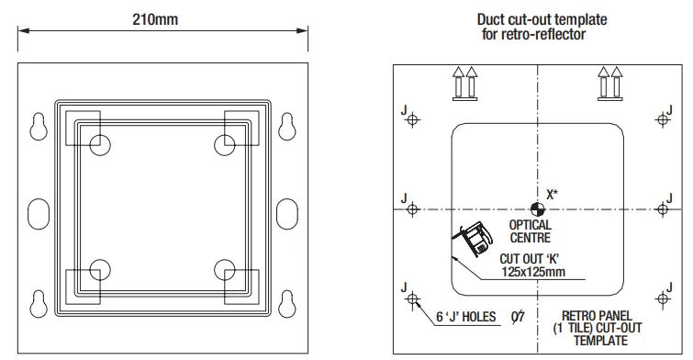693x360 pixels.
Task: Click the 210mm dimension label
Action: (x=155, y=19)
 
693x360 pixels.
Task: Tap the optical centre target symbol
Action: (x=538, y=209)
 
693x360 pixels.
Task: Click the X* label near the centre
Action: (x=552, y=195)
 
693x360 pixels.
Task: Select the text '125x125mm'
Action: (x=533, y=272)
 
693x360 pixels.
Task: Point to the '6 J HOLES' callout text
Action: (x=466, y=317)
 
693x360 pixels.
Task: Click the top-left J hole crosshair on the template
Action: (x=412, y=119)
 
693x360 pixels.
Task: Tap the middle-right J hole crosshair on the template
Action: (x=662, y=209)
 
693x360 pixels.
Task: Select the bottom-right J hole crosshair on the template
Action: (x=662, y=299)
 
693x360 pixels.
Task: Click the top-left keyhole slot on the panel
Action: (x=39, y=127)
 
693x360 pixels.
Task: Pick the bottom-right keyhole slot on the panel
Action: (x=286, y=303)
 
